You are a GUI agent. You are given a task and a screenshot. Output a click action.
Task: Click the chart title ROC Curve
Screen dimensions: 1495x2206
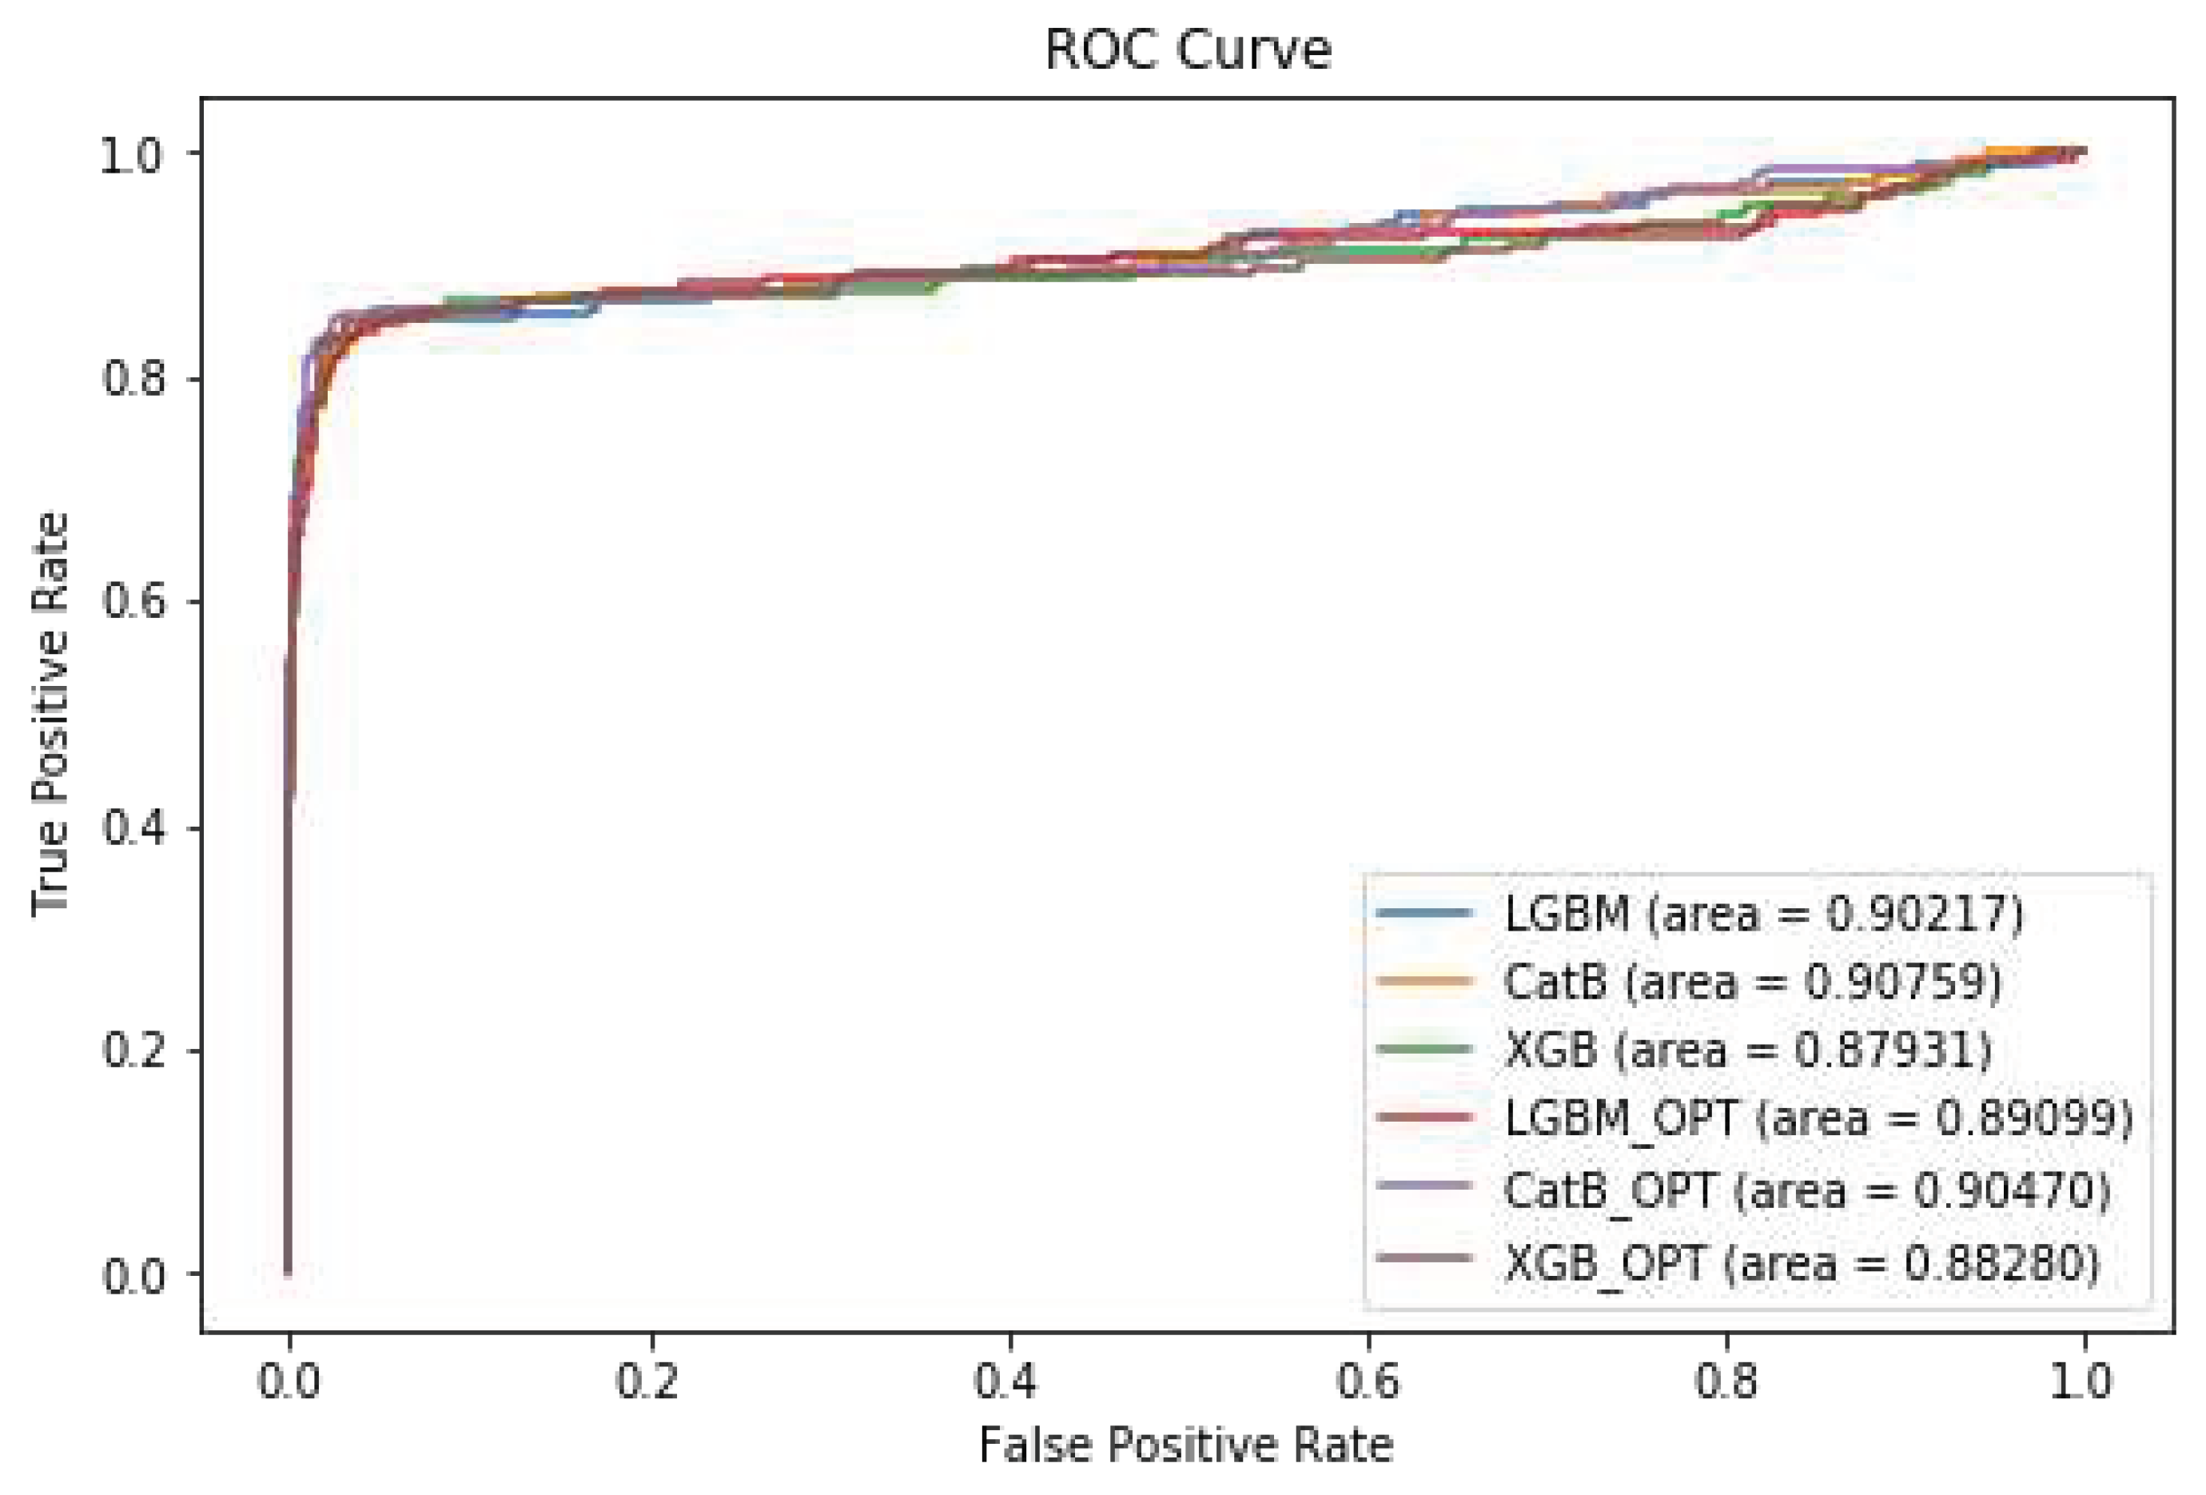(1187, 50)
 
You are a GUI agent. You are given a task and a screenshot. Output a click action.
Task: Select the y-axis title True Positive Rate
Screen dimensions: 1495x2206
(51, 714)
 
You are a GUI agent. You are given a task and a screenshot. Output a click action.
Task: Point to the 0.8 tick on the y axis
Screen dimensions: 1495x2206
(133, 378)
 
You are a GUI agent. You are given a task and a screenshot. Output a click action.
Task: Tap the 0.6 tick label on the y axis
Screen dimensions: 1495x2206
(133, 602)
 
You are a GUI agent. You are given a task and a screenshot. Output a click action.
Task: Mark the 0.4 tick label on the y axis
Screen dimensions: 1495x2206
(133, 827)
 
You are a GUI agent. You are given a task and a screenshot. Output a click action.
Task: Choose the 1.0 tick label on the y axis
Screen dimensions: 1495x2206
(133, 153)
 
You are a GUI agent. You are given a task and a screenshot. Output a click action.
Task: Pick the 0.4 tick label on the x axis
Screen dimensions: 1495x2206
(1007, 1381)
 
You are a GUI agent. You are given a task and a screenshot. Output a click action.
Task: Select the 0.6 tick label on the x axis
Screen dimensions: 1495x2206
(1367, 1381)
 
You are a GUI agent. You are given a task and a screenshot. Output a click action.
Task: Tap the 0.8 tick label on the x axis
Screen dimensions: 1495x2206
(1726, 1381)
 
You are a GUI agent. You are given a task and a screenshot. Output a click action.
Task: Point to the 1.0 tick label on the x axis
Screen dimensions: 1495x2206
(2084, 1381)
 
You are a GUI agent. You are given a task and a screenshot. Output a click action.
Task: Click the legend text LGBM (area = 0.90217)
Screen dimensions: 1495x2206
(1764, 913)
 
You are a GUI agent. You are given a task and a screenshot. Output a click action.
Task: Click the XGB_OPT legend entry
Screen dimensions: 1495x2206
(1802, 1261)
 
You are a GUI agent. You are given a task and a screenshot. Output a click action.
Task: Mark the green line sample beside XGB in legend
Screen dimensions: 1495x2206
(1424, 1049)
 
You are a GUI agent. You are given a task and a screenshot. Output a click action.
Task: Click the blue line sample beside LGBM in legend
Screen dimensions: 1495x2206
(1424, 913)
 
